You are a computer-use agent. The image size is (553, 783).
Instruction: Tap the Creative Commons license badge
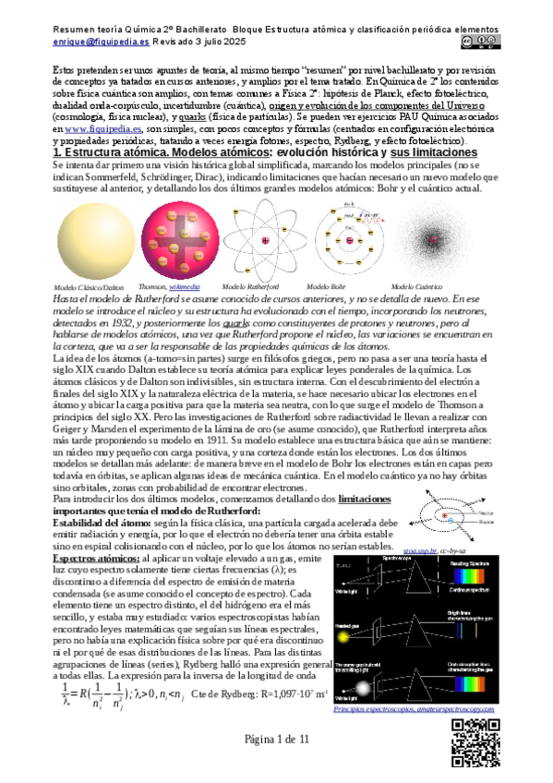click(x=487, y=41)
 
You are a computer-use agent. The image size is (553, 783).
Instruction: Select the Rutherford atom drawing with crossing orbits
click(x=266, y=242)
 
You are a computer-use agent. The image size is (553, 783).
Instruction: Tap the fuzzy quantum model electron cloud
click(x=429, y=242)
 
